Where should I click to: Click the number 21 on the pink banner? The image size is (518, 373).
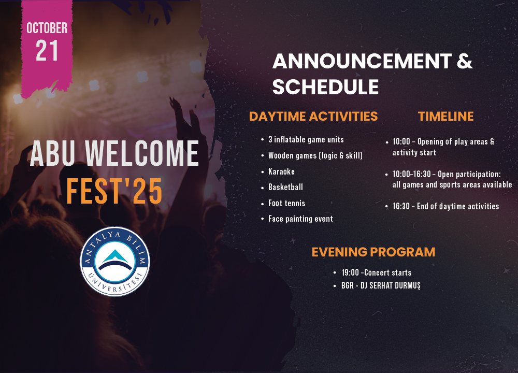pos(47,51)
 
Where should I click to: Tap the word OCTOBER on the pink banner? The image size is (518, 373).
pos(47,28)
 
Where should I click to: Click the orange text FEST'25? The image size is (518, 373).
pos(114,191)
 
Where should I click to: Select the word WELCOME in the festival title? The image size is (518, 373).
pos(142,153)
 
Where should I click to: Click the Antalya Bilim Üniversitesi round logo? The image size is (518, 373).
pos(115,261)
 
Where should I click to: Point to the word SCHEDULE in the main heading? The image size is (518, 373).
pos(325,87)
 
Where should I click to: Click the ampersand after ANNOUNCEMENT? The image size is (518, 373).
pos(465,61)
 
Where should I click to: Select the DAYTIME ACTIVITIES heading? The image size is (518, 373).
pos(313,116)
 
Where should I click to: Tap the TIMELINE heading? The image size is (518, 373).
pos(445,116)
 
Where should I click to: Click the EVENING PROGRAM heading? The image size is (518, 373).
pos(373,252)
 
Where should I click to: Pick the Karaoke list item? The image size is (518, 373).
pos(281,171)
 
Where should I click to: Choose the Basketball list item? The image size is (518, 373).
pos(285,187)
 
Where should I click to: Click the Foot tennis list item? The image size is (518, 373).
pos(287,203)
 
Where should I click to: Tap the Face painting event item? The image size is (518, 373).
pos(300,219)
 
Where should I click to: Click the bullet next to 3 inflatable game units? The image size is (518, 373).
pos(263,140)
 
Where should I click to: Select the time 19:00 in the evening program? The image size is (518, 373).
pos(350,272)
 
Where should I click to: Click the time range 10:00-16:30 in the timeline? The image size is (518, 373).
pos(412,174)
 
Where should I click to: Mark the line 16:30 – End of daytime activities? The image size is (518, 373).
pos(445,207)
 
